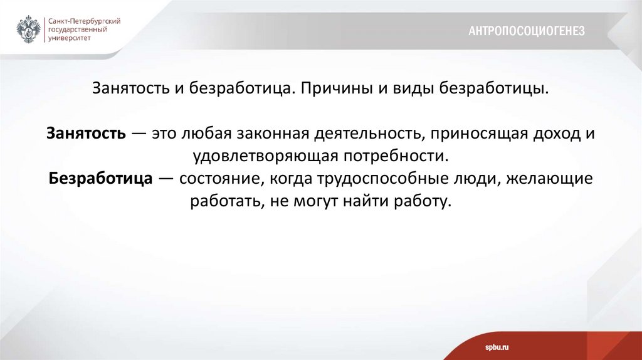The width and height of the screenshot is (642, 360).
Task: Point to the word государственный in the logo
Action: coord(77,29)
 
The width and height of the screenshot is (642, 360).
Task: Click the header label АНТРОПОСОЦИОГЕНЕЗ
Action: coord(526,31)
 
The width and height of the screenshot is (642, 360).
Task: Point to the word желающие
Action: coord(552,178)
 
